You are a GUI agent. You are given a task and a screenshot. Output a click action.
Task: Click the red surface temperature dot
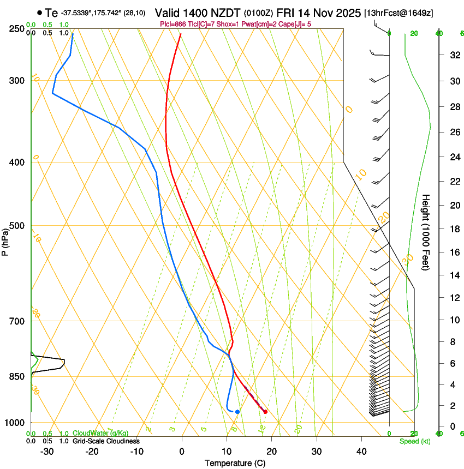click(x=265, y=412)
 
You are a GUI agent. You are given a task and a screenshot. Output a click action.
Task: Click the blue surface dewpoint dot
click(x=237, y=412)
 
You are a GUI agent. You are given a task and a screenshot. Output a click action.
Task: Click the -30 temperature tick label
click(x=47, y=452)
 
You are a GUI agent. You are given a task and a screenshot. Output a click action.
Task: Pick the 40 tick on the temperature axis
click(x=361, y=452)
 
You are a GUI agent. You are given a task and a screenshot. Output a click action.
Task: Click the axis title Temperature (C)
click(x=235, y=464)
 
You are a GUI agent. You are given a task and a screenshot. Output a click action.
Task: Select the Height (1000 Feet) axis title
click(x=426, y=232)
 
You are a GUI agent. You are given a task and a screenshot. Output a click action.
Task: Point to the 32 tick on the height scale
click(x=453, y=55)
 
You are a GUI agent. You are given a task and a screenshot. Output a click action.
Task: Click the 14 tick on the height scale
click(x=453, y=275)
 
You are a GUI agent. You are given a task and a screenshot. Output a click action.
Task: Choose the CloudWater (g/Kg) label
click(x=101, y=433)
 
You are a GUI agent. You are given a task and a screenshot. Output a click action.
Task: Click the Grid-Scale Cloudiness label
click(x=106, y=441)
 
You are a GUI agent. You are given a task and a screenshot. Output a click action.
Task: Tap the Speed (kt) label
click(x=414, y=441)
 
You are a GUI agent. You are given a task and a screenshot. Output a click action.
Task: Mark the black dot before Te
click(x=39, y=13)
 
